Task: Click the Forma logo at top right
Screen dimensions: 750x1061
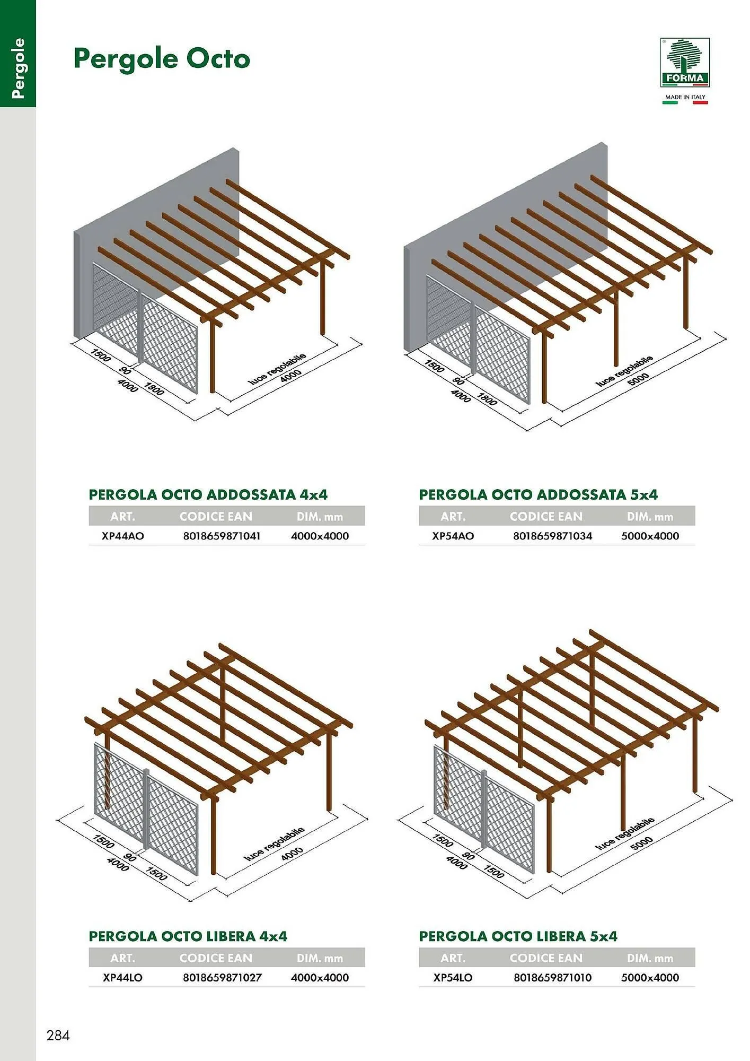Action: [x=685, y=62]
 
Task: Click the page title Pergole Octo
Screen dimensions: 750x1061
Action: [x=162, y=59]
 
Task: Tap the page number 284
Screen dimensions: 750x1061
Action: [x=58, y=1035]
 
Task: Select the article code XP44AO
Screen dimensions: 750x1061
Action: [x=122, y=536]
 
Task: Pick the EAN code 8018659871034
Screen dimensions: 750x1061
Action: [x=552, y=536]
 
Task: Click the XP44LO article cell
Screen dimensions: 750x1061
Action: [x=122, y=977]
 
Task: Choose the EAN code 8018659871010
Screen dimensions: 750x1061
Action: [x=552, y=977]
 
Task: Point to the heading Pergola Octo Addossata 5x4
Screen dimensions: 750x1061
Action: [x=538, y=494]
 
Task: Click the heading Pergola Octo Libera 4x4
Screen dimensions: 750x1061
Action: [x=188, y=936]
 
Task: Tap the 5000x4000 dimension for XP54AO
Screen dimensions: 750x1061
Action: [x=650, y=536]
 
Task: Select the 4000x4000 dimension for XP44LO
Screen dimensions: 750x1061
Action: [x=320, y=977]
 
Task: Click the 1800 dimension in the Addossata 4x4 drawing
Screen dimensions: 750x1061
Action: [x=154, y=389]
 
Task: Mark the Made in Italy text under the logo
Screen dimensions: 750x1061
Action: [x=685, y=97]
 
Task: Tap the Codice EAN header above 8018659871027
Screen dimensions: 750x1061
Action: [x=216, y=958]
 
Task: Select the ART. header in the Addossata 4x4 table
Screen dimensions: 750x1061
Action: [x=122, y=517]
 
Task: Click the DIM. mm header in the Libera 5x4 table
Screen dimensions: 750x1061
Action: [x=650, y=958]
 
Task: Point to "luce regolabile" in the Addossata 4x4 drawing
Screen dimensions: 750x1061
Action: [x=277, y=368]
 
